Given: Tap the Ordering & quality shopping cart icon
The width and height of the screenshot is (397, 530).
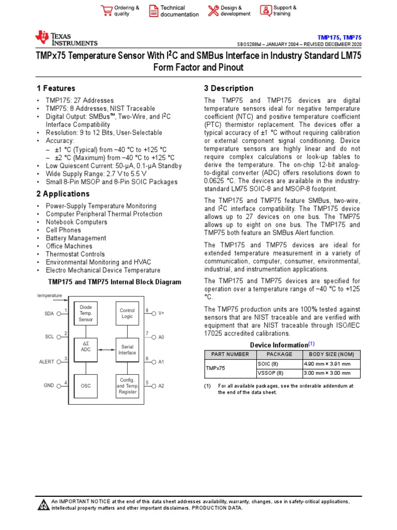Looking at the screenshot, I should tap(106, 10).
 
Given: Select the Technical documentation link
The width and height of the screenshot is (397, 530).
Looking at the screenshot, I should tap(179, 11).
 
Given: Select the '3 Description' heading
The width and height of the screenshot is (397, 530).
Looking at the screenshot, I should tap(228, 89).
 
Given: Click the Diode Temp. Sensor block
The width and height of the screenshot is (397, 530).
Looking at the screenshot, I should tap(85, 314).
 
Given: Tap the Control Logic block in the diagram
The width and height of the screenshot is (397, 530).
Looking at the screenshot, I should tap(127, 314).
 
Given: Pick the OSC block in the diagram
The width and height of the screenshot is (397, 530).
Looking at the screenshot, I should tap(86, 386).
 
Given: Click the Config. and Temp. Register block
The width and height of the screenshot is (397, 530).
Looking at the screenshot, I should tap(127, 386).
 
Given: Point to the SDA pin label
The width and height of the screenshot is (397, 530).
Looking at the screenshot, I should tap(50, 314).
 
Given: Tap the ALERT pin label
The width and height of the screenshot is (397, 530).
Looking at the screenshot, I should tap(47, 362).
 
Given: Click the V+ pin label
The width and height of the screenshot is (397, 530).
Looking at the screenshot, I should tap(161, 314).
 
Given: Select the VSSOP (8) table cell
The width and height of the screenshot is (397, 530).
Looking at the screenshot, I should tap(270, 373).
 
